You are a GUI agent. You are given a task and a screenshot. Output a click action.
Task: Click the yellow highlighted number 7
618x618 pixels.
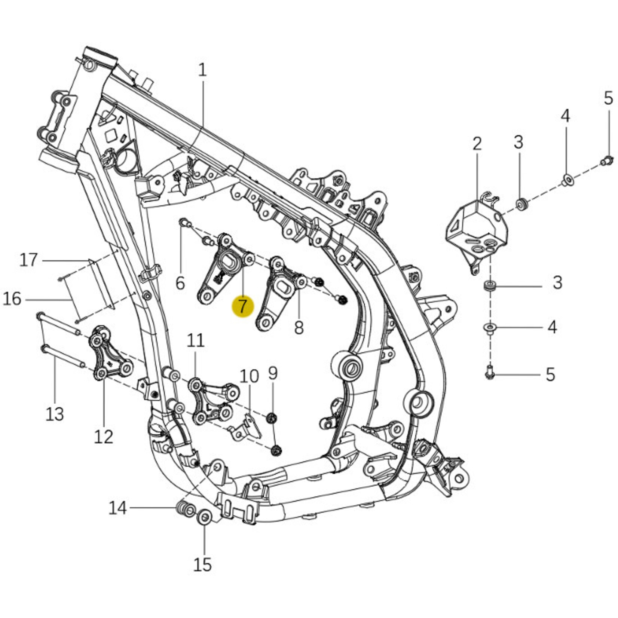pyautogui.click(x=243, y=306)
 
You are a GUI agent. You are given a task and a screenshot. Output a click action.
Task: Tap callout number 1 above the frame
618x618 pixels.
pyautogui.click(x=202, y=70)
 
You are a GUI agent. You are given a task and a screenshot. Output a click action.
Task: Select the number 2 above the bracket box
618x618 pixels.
pyautogui.click(x=477, y=144)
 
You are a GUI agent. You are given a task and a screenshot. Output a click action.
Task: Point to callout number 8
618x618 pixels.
pyautogui.click(x=299, y=328)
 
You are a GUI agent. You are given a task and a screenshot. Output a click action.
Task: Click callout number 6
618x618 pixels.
pyautogui.click(x=180, y=283)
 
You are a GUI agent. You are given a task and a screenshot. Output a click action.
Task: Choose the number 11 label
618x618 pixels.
pyautogui.click(x=196, y=340)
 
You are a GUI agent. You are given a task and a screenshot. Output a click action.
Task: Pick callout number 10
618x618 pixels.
pyautogui.click(x=249, y=376)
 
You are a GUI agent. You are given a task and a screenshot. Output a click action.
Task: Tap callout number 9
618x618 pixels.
pyautogui.click(x=273, y=373)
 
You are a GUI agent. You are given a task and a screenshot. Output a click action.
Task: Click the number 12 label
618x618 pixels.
pyautogui.click(x=103, y=437)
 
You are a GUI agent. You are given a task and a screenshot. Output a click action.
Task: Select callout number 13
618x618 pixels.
pyautogui.click(x=55, y=414)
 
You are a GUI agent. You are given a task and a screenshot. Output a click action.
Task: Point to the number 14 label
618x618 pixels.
pyautogui.click(x=117, y=508)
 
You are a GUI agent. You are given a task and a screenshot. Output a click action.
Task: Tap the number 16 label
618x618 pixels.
pyautogui.click(x=12, y=299)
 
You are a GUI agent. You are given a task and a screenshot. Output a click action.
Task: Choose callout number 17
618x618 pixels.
pyautogui.click(x=29, y=260)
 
